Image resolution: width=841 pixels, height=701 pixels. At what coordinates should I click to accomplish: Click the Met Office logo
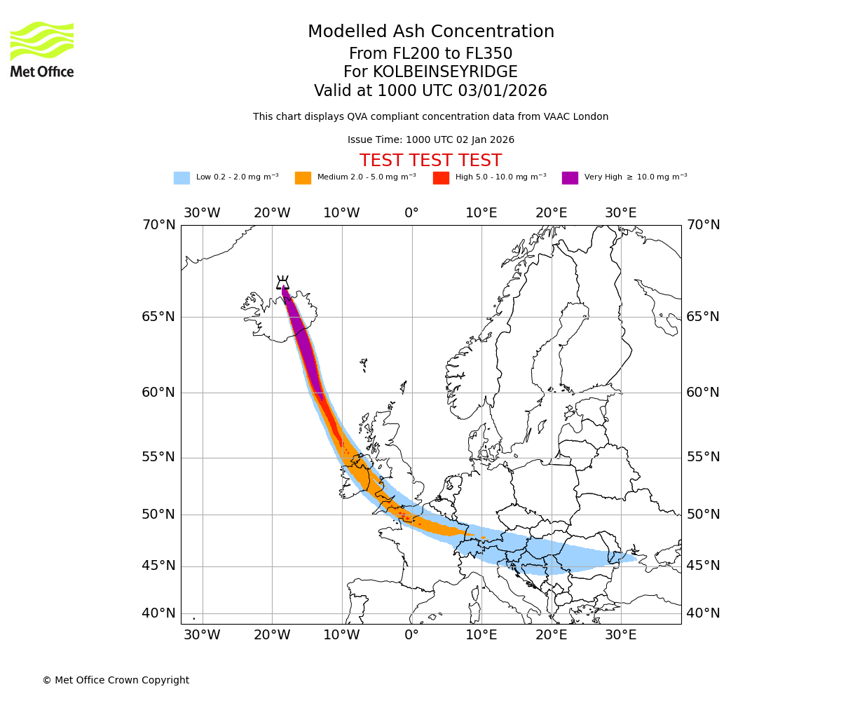click(x=42, y=49)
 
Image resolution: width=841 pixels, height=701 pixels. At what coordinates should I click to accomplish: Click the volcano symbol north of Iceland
click(x=282, y=283)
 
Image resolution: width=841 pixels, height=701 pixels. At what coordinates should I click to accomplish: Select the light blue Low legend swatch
click(x=182, y=177)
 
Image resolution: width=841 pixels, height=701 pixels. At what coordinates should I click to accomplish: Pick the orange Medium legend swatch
click(x=303, y=177)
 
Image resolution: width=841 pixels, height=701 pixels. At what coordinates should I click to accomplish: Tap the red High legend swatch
click(x=441, y=177)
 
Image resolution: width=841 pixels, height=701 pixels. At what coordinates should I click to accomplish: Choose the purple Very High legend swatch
click(x=570, y=177)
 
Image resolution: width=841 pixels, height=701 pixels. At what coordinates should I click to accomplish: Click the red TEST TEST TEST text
click(x=430, y=161)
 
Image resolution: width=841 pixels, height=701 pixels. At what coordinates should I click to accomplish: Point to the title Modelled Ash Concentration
click(x=430, y=32)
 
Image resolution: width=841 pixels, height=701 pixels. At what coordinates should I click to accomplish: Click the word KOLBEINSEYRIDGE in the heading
click(x=445, y=72)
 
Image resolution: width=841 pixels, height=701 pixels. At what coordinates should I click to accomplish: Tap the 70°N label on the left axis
click(x=158, y=225)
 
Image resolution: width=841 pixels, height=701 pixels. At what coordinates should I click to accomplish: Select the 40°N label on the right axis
click(x=702, y=613)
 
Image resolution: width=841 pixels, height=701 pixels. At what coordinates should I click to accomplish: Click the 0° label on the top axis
click(x=411, y=212)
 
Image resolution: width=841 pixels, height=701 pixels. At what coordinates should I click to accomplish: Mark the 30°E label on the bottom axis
click(x=621, y=635)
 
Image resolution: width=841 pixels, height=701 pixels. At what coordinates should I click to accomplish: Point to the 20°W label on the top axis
click(x=272, y=212)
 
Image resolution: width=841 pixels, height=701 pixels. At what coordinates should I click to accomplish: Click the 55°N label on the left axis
click(x=158, y=457)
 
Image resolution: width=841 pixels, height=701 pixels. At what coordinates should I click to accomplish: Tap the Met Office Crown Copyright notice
click(x=116, y=680)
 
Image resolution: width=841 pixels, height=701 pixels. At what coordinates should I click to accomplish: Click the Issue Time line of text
click(x=430, y=139)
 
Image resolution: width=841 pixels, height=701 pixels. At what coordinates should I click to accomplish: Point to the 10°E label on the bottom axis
click(x=481, y=635)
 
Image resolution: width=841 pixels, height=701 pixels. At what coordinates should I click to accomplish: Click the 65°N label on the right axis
click(x=702, y=317)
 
